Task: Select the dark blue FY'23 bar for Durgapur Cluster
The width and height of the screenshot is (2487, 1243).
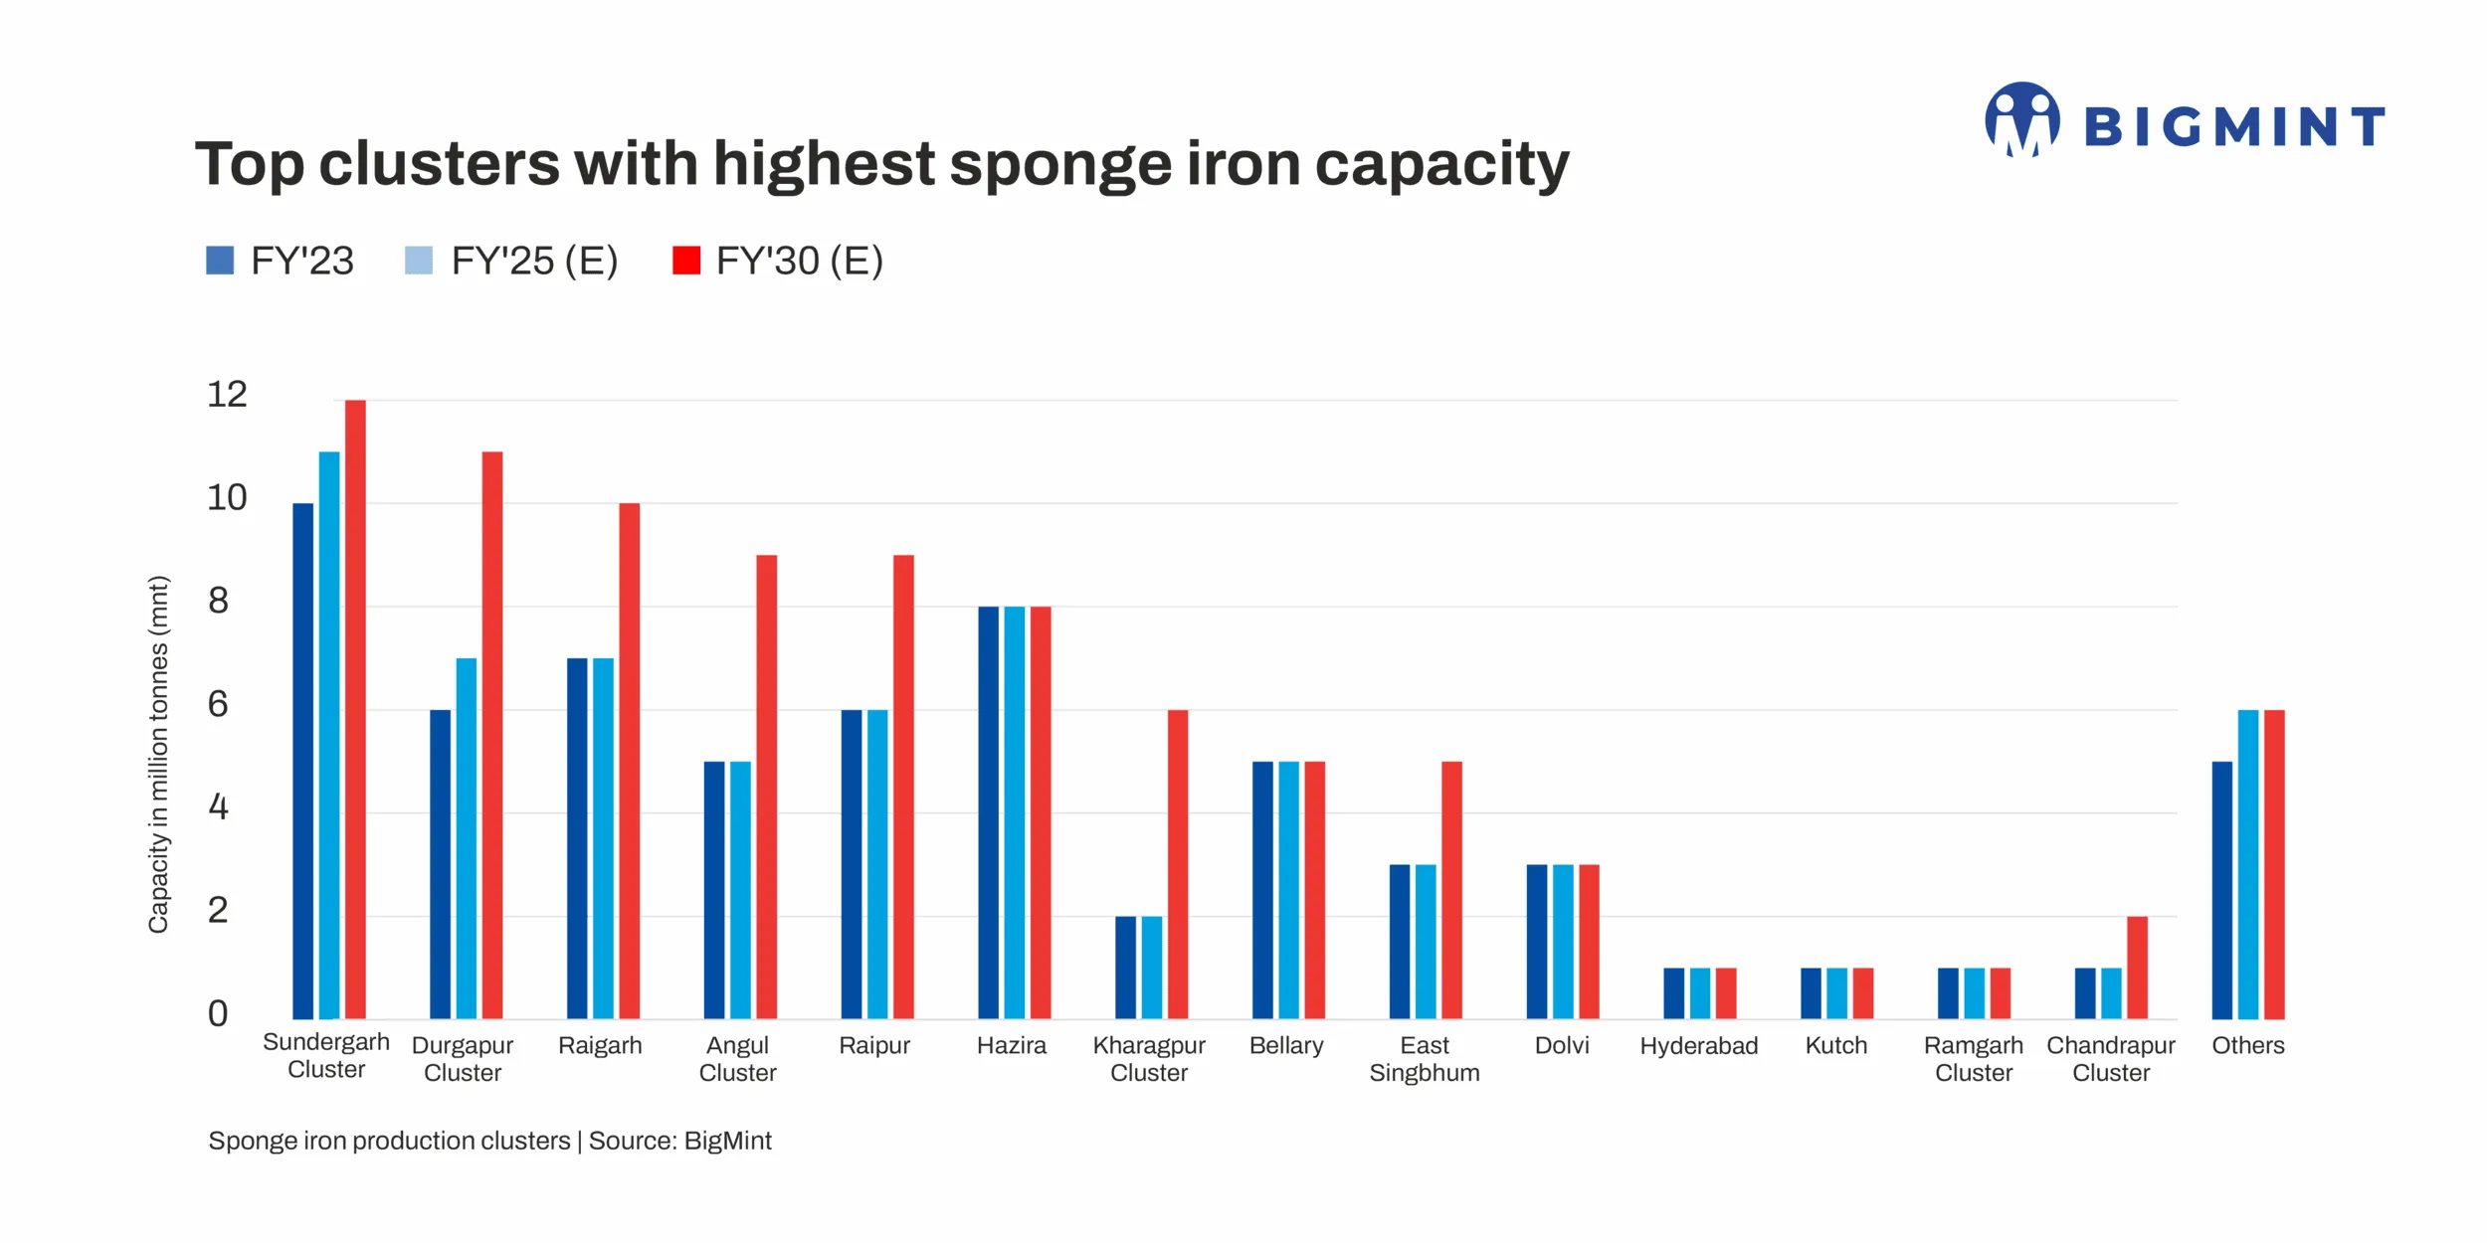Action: (440, 864)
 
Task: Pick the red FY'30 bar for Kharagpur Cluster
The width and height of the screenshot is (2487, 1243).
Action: (1178, 864)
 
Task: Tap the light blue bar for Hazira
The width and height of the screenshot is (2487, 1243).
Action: (1014, 812)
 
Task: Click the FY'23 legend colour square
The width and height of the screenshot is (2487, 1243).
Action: (220, 261)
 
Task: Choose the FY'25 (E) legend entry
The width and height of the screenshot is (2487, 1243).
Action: (534, 261)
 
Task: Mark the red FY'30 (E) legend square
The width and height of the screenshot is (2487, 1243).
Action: (686, 261)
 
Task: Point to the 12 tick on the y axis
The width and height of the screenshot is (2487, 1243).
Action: (227, 395)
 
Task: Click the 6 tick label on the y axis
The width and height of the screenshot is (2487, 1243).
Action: (218, 704)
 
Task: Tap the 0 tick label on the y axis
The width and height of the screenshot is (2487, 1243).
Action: (218, 1013)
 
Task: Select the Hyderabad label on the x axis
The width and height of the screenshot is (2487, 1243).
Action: (1698, 1046)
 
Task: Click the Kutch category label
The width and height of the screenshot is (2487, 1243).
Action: (1836, 1046)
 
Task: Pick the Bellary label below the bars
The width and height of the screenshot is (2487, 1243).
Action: (1286, 1046)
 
